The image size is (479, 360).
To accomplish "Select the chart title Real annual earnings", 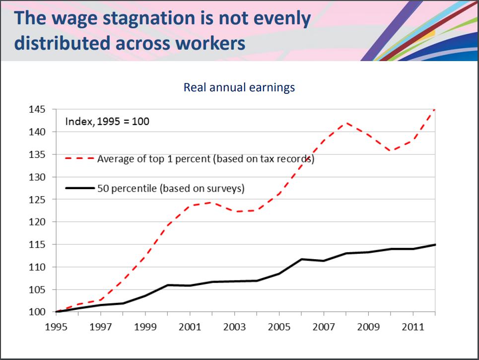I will (x=239, y=87).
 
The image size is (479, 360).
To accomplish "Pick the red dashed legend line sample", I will (x=79, y=159).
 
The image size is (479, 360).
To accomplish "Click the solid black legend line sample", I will (x=79, y=188).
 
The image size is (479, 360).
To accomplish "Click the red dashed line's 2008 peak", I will (x=346, y=123).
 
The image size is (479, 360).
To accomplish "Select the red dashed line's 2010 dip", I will (x=391, y=150).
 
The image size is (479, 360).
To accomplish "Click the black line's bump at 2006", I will (x=302, y=259).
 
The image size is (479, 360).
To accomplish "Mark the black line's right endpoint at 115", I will (x=435, y=244).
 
